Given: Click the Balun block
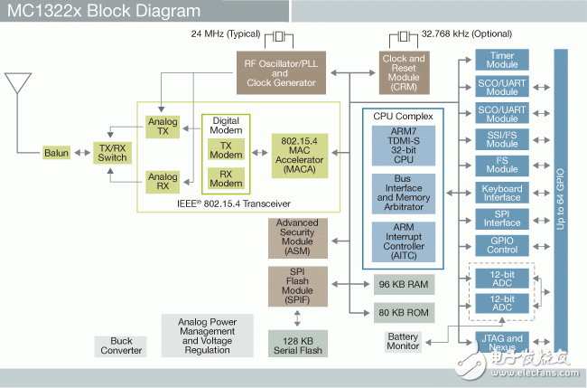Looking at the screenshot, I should click(x=56, y=153).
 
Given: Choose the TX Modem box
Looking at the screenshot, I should click(x=226, y=149).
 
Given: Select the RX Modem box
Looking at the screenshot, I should click(x=226, y=177).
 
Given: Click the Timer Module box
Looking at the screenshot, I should click(x=502, y=61).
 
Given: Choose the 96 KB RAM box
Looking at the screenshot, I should click(x=404, y=284).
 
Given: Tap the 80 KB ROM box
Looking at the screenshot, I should click(x=404, y=314).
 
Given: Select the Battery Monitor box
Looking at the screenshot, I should click(x=403, y=341).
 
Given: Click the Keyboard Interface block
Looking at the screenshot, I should click(x=502, y=192).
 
